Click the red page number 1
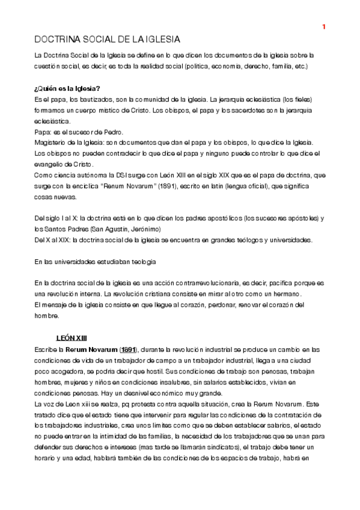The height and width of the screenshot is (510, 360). [323, 26]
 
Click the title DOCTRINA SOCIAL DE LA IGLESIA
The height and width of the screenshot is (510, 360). [106, 40]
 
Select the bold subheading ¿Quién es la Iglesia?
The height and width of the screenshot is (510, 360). [67, 88]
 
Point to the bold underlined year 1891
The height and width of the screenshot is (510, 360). [128, 349]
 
